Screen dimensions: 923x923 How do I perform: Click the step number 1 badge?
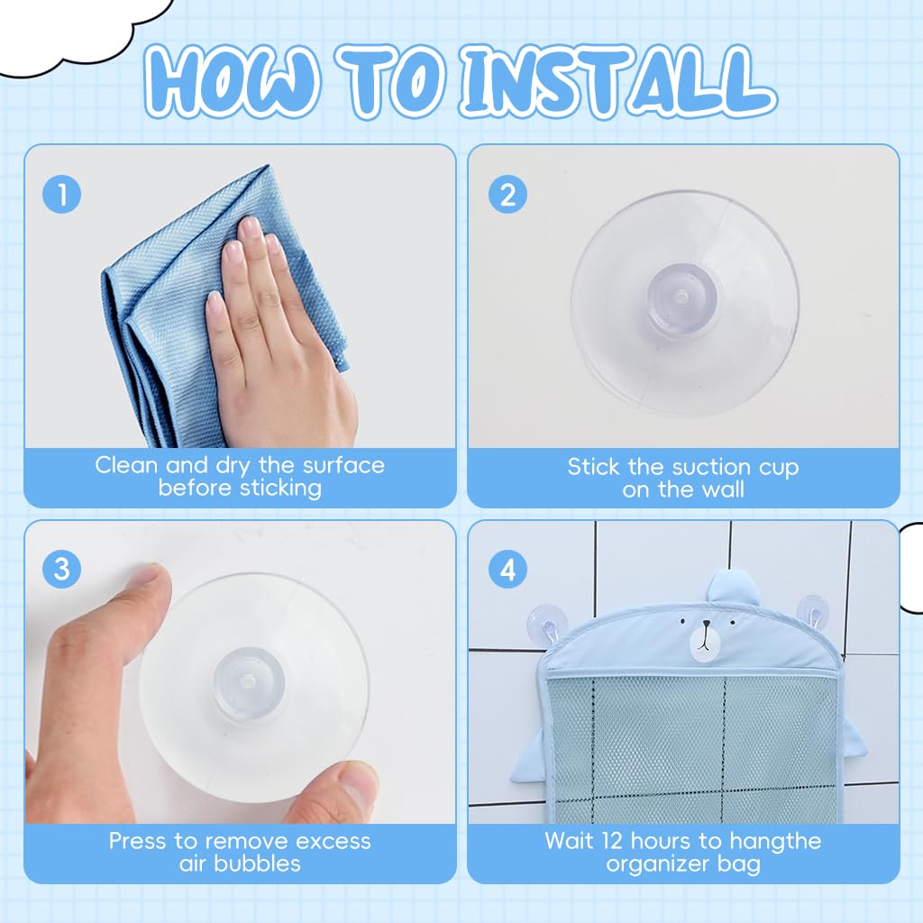[62, 195]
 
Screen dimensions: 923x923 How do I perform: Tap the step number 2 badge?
[508, 195]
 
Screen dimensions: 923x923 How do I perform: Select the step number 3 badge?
[62, 570]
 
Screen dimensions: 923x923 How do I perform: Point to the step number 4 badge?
[508, 570]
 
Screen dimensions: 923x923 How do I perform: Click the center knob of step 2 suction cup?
[683, 298]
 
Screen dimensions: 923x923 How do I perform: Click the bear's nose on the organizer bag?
[705, 625]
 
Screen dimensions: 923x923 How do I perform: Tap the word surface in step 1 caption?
[343, 465]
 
